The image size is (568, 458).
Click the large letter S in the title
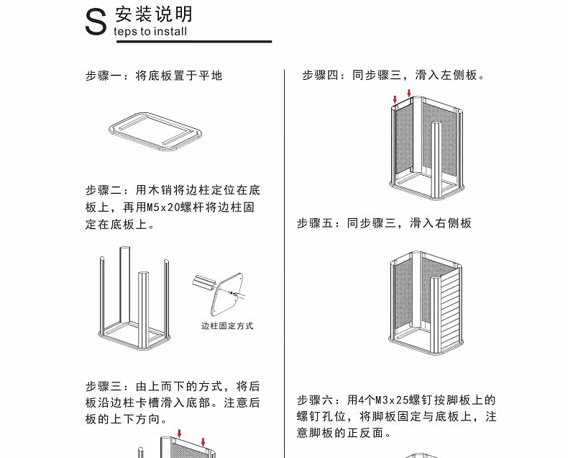[x=96, y=22]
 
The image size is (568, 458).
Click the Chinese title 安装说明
[x=154, y=14]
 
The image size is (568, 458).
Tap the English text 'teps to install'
[x=150, y=32]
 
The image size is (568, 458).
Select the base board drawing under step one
[x=155, y=131]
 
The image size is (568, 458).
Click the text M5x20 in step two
[x=163, y=207]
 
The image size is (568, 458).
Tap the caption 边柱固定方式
[x=227, y=326]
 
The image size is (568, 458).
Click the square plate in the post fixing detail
[x=227, y=295]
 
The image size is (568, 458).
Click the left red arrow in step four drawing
[x=395, y=99]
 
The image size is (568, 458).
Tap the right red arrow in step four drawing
[x=409, y=94]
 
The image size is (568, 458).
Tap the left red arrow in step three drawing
[x=179, y=434]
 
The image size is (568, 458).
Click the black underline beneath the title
[x=194, y=42]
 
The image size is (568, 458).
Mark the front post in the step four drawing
[x=436, y=161]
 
